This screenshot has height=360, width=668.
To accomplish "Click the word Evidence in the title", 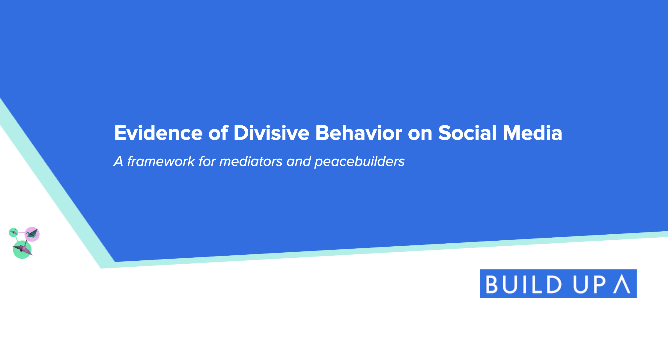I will coord(158,133).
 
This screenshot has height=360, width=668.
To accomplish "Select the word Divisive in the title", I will coord(271,133).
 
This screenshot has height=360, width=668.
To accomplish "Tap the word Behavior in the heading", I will coord(359,133).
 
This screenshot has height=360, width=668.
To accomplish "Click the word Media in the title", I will coord(532,133).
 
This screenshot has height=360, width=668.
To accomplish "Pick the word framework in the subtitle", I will coord(161,161).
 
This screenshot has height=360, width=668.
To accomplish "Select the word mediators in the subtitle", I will coord(251,161).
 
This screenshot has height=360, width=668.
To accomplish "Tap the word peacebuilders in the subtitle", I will coord(359,161).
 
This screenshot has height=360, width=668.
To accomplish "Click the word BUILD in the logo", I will coord(523,284).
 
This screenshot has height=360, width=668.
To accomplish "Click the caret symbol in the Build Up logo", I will coord(622,284).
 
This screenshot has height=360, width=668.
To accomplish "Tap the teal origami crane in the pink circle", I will coord(32,234).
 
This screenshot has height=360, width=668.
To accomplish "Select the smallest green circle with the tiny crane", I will coord(13,232).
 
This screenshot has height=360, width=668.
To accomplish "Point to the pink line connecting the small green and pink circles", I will coord(22,232).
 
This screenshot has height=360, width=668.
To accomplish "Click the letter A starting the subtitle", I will coord(118,161).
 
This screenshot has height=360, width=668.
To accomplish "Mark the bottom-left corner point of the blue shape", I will coord(115,262).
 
